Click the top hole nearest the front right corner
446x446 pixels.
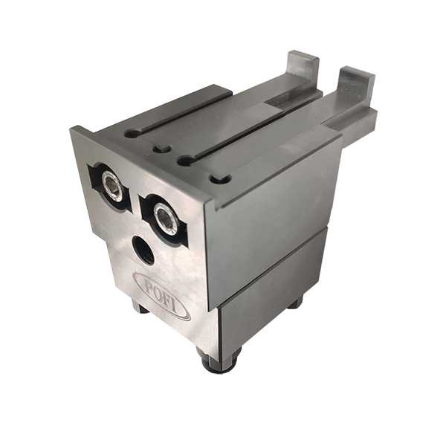coord(218,179)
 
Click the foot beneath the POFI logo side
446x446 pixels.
coord(139,305)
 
